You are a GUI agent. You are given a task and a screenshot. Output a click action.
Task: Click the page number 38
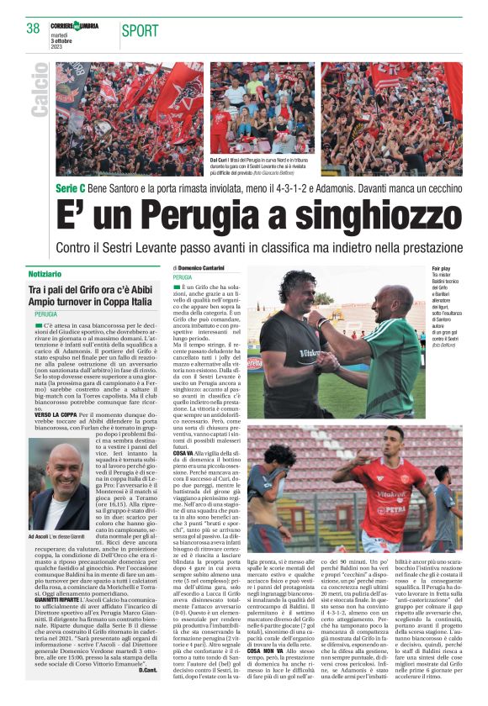pos(34,29)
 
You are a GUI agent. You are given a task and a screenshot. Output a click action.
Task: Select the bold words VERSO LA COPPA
pos(54,414)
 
